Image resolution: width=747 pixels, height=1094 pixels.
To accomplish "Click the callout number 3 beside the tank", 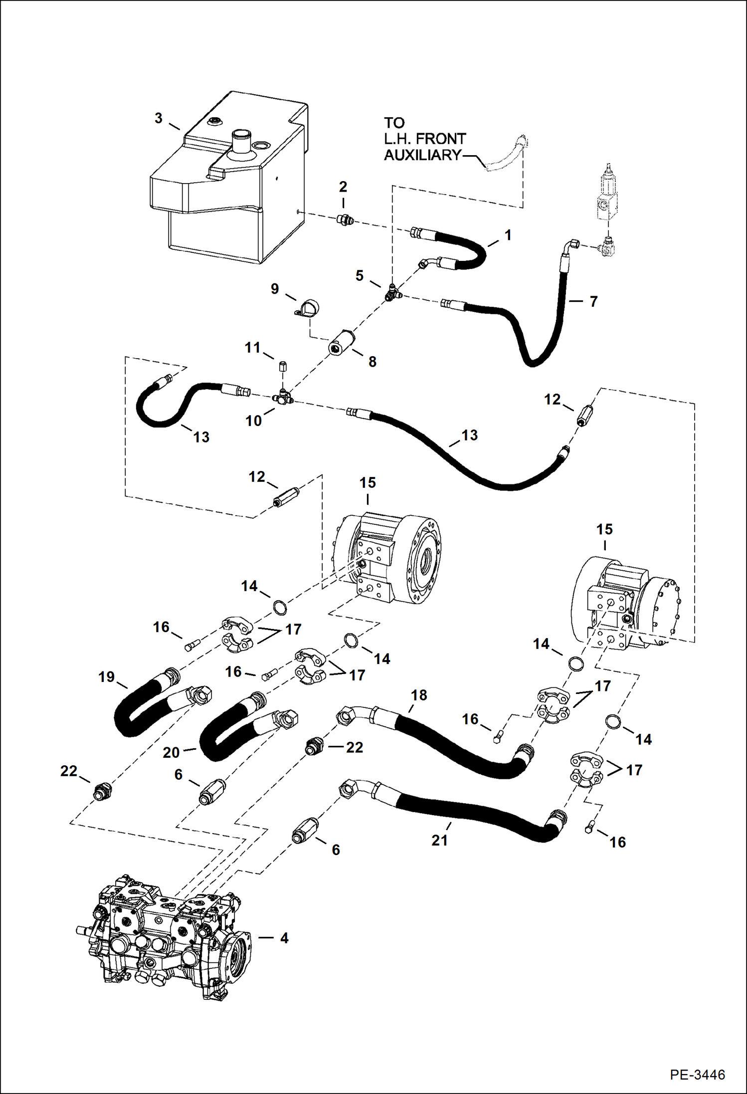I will [158, 118].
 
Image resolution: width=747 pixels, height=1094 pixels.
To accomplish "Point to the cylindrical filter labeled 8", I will [341, 343].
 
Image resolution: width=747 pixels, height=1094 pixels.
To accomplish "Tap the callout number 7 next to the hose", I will [593, 301].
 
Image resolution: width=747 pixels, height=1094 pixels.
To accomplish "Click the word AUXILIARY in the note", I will [422, 155].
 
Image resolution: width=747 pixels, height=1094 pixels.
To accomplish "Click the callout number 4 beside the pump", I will [284, 938].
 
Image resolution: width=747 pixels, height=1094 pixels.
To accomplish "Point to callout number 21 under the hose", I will [439, 841].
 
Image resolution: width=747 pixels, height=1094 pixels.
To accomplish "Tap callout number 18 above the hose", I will [419, 695].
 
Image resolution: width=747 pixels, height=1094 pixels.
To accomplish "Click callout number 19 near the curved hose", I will [107, 677].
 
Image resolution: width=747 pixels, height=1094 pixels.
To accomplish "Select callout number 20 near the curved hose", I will [171, 752].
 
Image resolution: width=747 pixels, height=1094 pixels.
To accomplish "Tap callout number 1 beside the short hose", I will [508, 235].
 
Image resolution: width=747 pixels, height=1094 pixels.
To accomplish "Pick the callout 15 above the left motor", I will [368, 482].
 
